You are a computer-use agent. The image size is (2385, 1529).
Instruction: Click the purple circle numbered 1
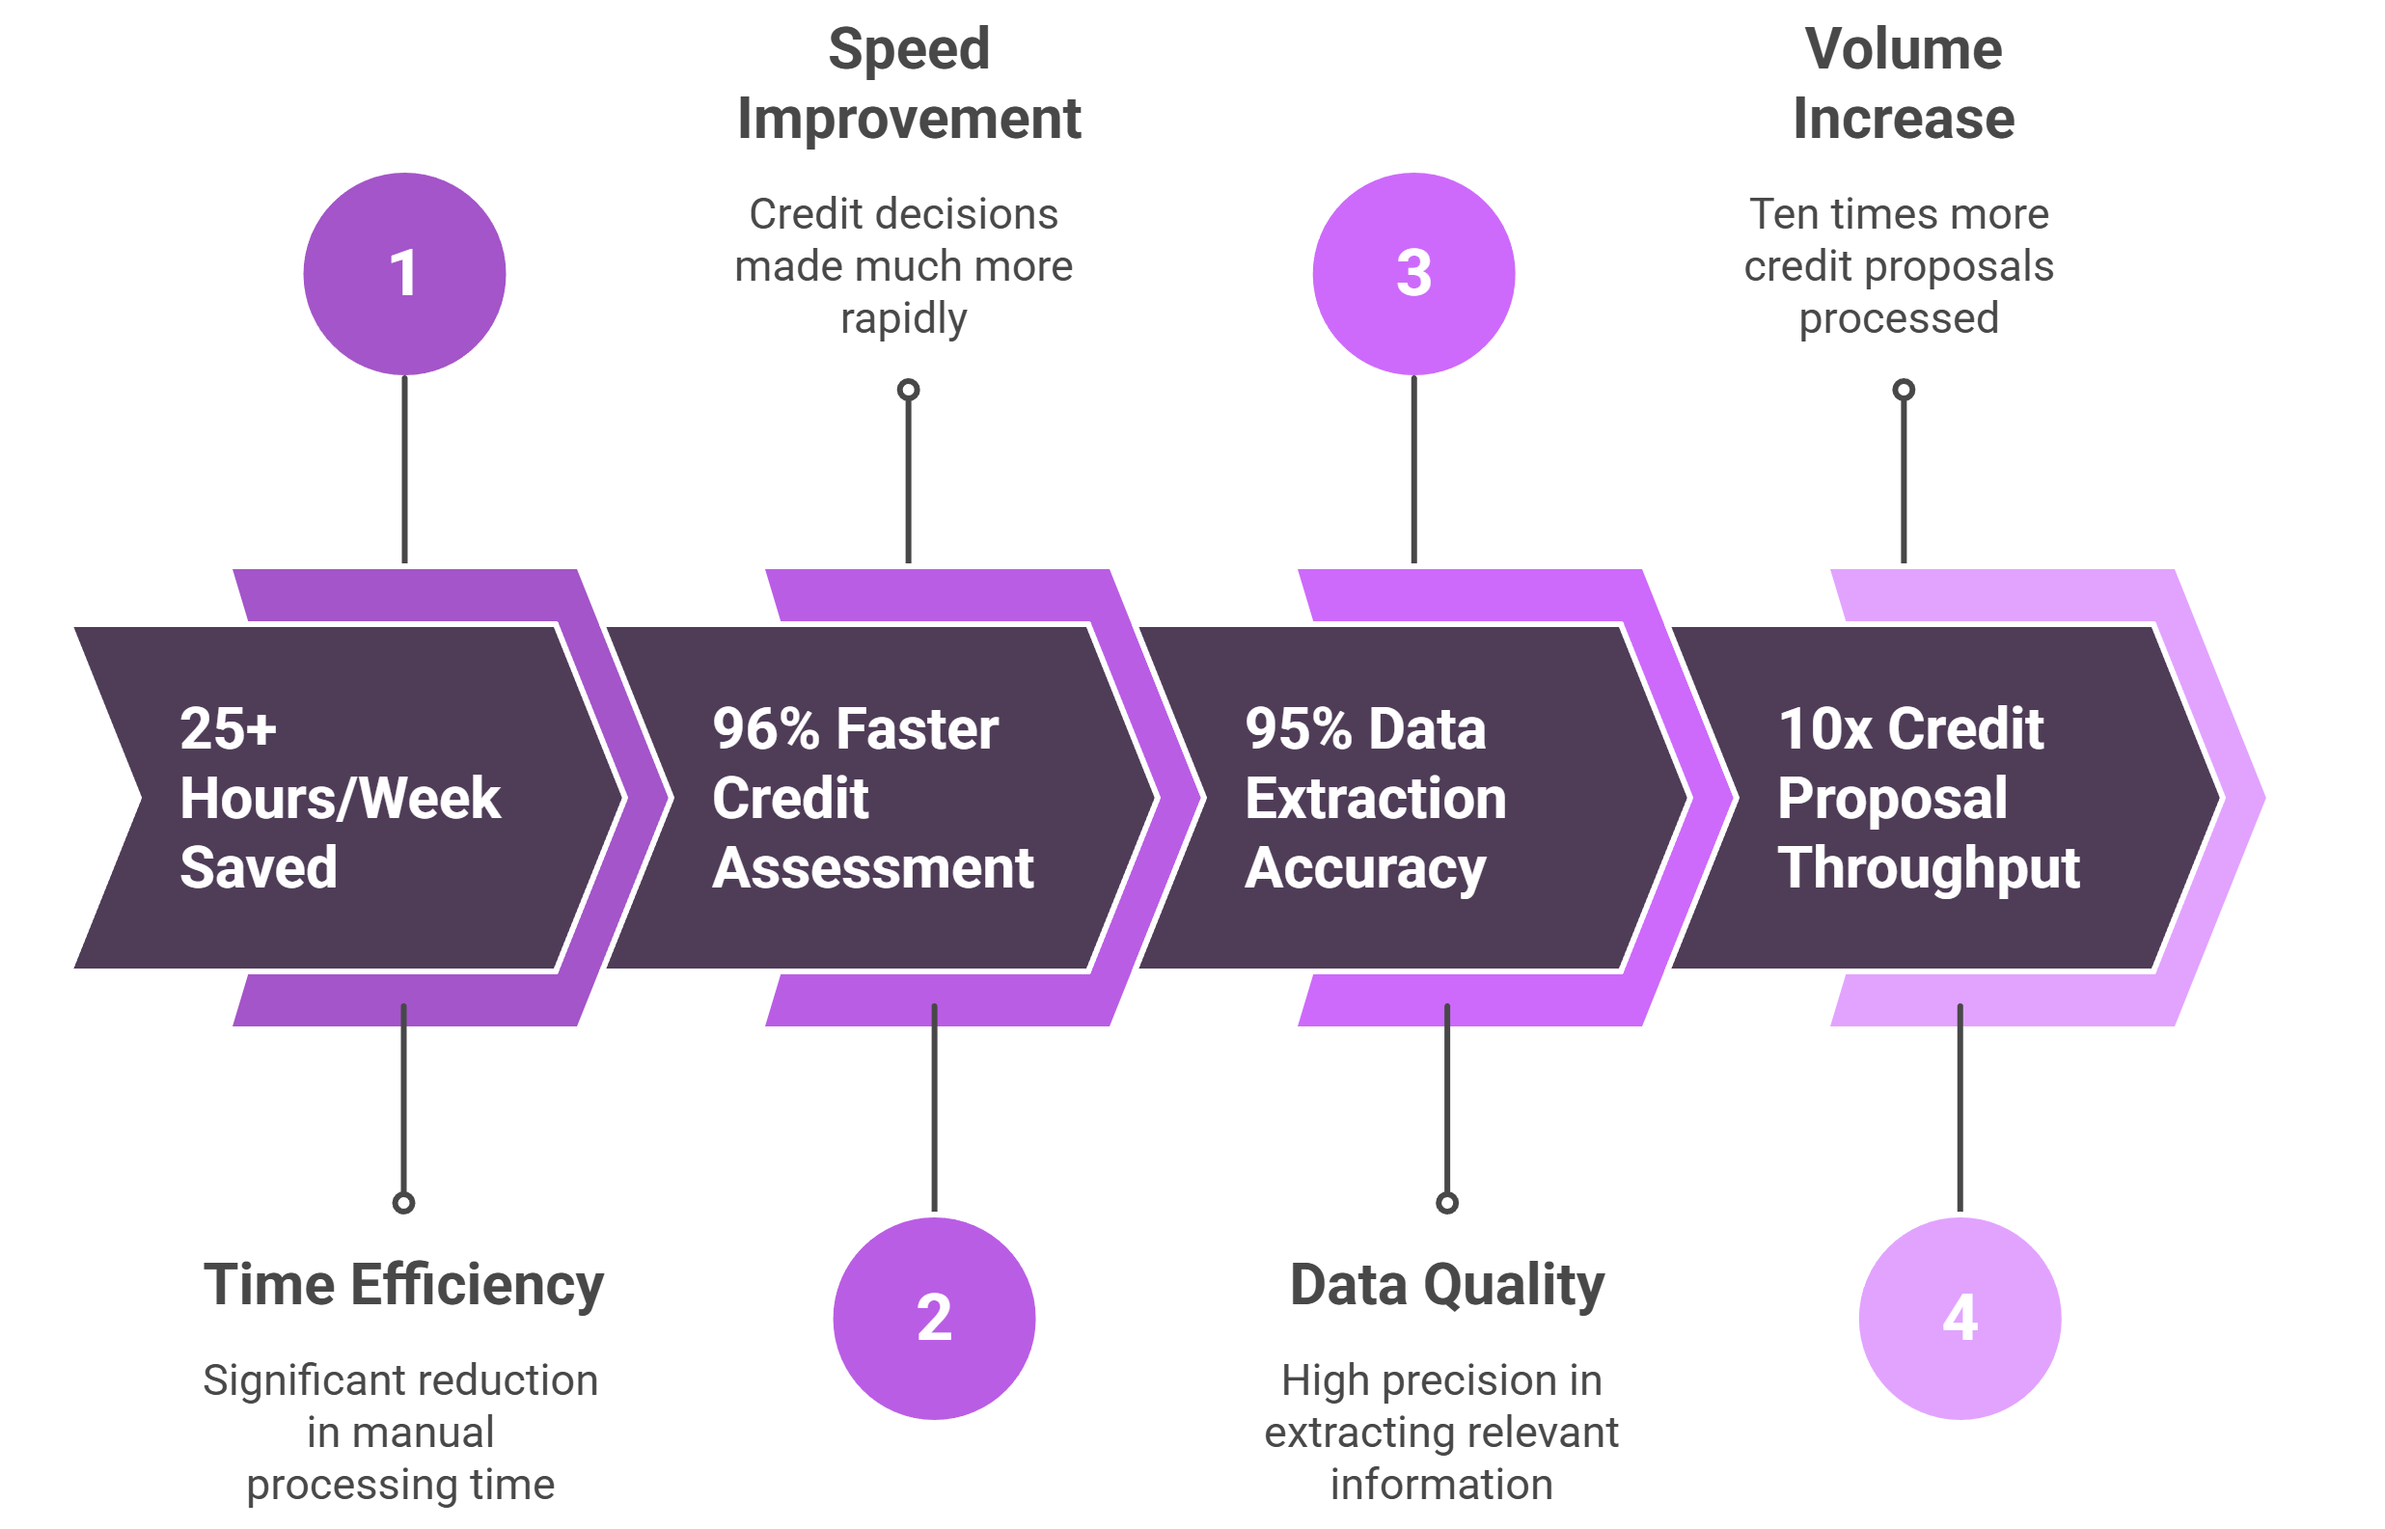[404, 274]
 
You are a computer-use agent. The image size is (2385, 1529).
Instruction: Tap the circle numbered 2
[934, 1319]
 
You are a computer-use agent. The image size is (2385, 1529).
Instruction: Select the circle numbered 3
[1413, 274]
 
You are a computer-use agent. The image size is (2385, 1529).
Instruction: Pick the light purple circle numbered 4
[1960, 1319]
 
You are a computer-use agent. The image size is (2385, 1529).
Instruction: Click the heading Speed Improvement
[909, 83]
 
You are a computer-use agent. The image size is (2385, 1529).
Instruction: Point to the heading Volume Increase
[1904, 83]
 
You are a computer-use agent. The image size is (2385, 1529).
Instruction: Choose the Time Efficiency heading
[403, 1286]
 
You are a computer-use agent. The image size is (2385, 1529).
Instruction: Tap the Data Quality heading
[1446, 1286]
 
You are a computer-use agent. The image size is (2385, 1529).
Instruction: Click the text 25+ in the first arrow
[229, 728]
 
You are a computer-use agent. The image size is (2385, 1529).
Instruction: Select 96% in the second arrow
[765, 728]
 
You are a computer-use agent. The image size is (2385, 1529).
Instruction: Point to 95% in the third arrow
[1299, 728]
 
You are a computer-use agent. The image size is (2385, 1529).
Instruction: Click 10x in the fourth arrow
[1825, 728]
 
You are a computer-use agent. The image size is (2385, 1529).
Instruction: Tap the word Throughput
[1929, 869]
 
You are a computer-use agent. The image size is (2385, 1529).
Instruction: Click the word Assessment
[873, 869]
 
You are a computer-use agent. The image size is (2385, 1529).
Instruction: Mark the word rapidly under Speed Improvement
[904, 319]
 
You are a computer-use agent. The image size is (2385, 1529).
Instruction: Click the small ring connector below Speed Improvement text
[909, 390]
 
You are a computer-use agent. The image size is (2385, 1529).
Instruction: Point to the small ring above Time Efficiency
[403, 1203]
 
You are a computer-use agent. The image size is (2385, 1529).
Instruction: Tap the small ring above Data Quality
[1447, 1203]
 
